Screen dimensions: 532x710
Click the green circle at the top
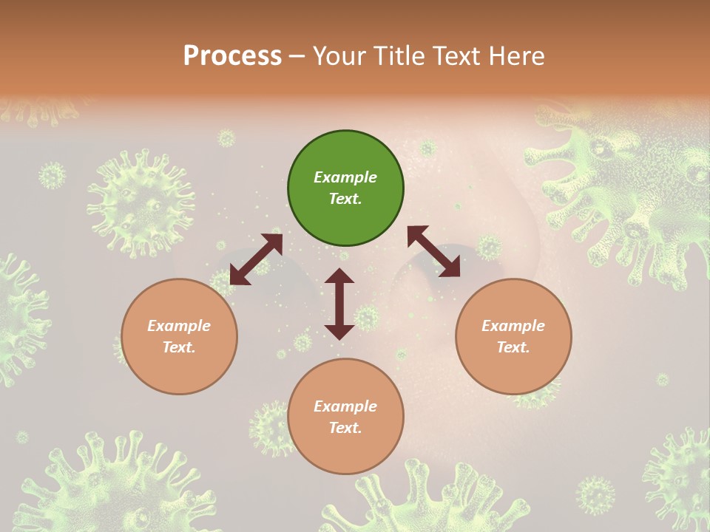coord(345,188)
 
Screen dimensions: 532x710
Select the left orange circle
coord(179,336)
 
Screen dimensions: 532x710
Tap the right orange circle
coord(513,336)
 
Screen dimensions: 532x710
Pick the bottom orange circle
coord(345,417)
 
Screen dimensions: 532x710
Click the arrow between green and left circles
coord(256,259)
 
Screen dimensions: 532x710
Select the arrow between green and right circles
coord(434,251)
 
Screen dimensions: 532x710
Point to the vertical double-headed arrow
coord(339,304)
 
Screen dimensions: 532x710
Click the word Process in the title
coord(232,56)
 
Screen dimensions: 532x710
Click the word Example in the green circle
coord(345,177)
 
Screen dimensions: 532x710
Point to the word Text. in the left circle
coord(179,347)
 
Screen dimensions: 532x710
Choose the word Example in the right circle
coord(513,326)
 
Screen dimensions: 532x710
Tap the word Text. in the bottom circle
coord(345,428)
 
